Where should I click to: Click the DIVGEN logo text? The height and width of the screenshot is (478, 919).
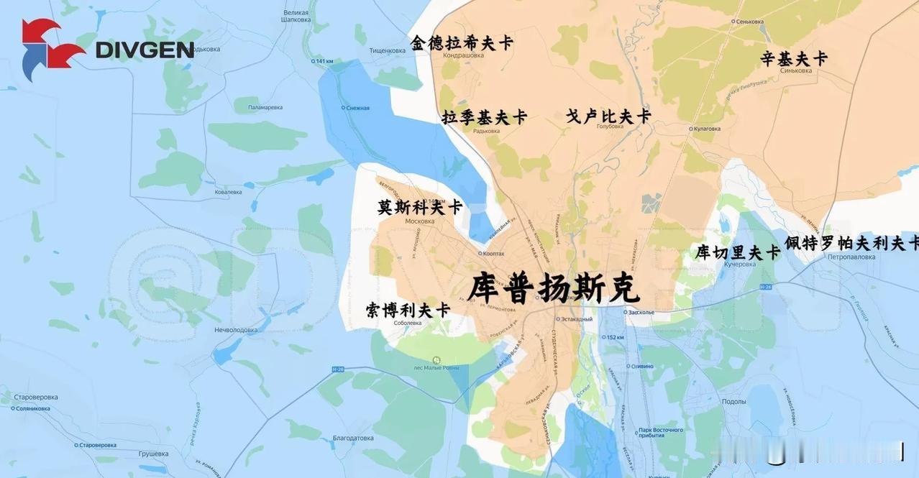tap(145, 50)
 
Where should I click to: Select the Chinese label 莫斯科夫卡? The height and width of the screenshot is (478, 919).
tap(420, 207)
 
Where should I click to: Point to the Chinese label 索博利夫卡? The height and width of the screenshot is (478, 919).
tap(408, 311)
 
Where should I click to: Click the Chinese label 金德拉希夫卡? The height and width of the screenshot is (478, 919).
tap(462, 43)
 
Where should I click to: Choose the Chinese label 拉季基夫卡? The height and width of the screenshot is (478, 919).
tap(485, 117)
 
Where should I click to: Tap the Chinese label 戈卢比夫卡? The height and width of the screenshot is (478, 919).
tap(608, 116)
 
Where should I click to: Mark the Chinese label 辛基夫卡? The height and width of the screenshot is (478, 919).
tap(794, 59)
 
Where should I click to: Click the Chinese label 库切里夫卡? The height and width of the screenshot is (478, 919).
tap(738, 252)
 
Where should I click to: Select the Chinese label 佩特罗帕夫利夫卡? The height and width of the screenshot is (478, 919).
tap(851, 243)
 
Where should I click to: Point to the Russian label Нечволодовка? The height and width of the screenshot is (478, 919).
tap(236, 330)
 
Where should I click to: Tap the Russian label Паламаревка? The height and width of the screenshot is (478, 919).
tap(265, 107)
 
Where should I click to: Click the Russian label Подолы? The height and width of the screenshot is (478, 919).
tap(733, 401)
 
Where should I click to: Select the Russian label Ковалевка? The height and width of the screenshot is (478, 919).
tap(228, 192)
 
